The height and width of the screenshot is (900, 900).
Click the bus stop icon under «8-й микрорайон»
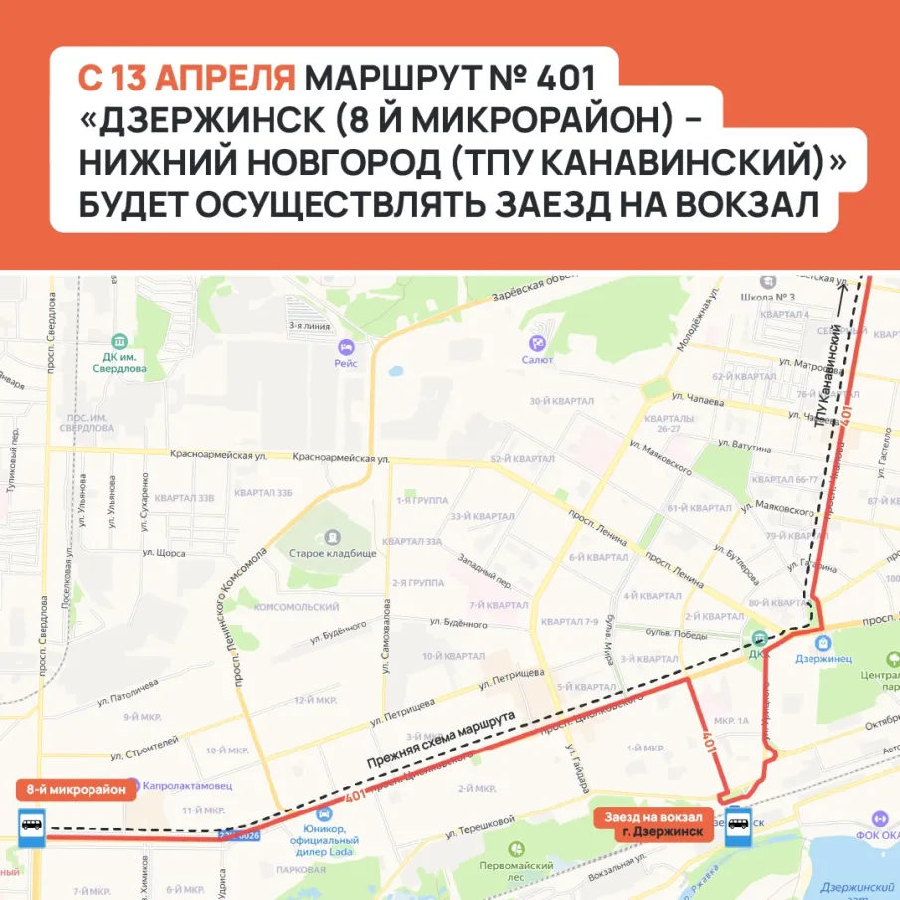coord(31,825)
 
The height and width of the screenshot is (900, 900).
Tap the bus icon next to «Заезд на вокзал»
coord(738,824)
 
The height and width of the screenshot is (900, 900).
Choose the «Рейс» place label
coord(346,363)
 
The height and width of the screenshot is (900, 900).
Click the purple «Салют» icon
coord(538,343)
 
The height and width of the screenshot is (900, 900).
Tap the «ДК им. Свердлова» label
coord(123,361)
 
